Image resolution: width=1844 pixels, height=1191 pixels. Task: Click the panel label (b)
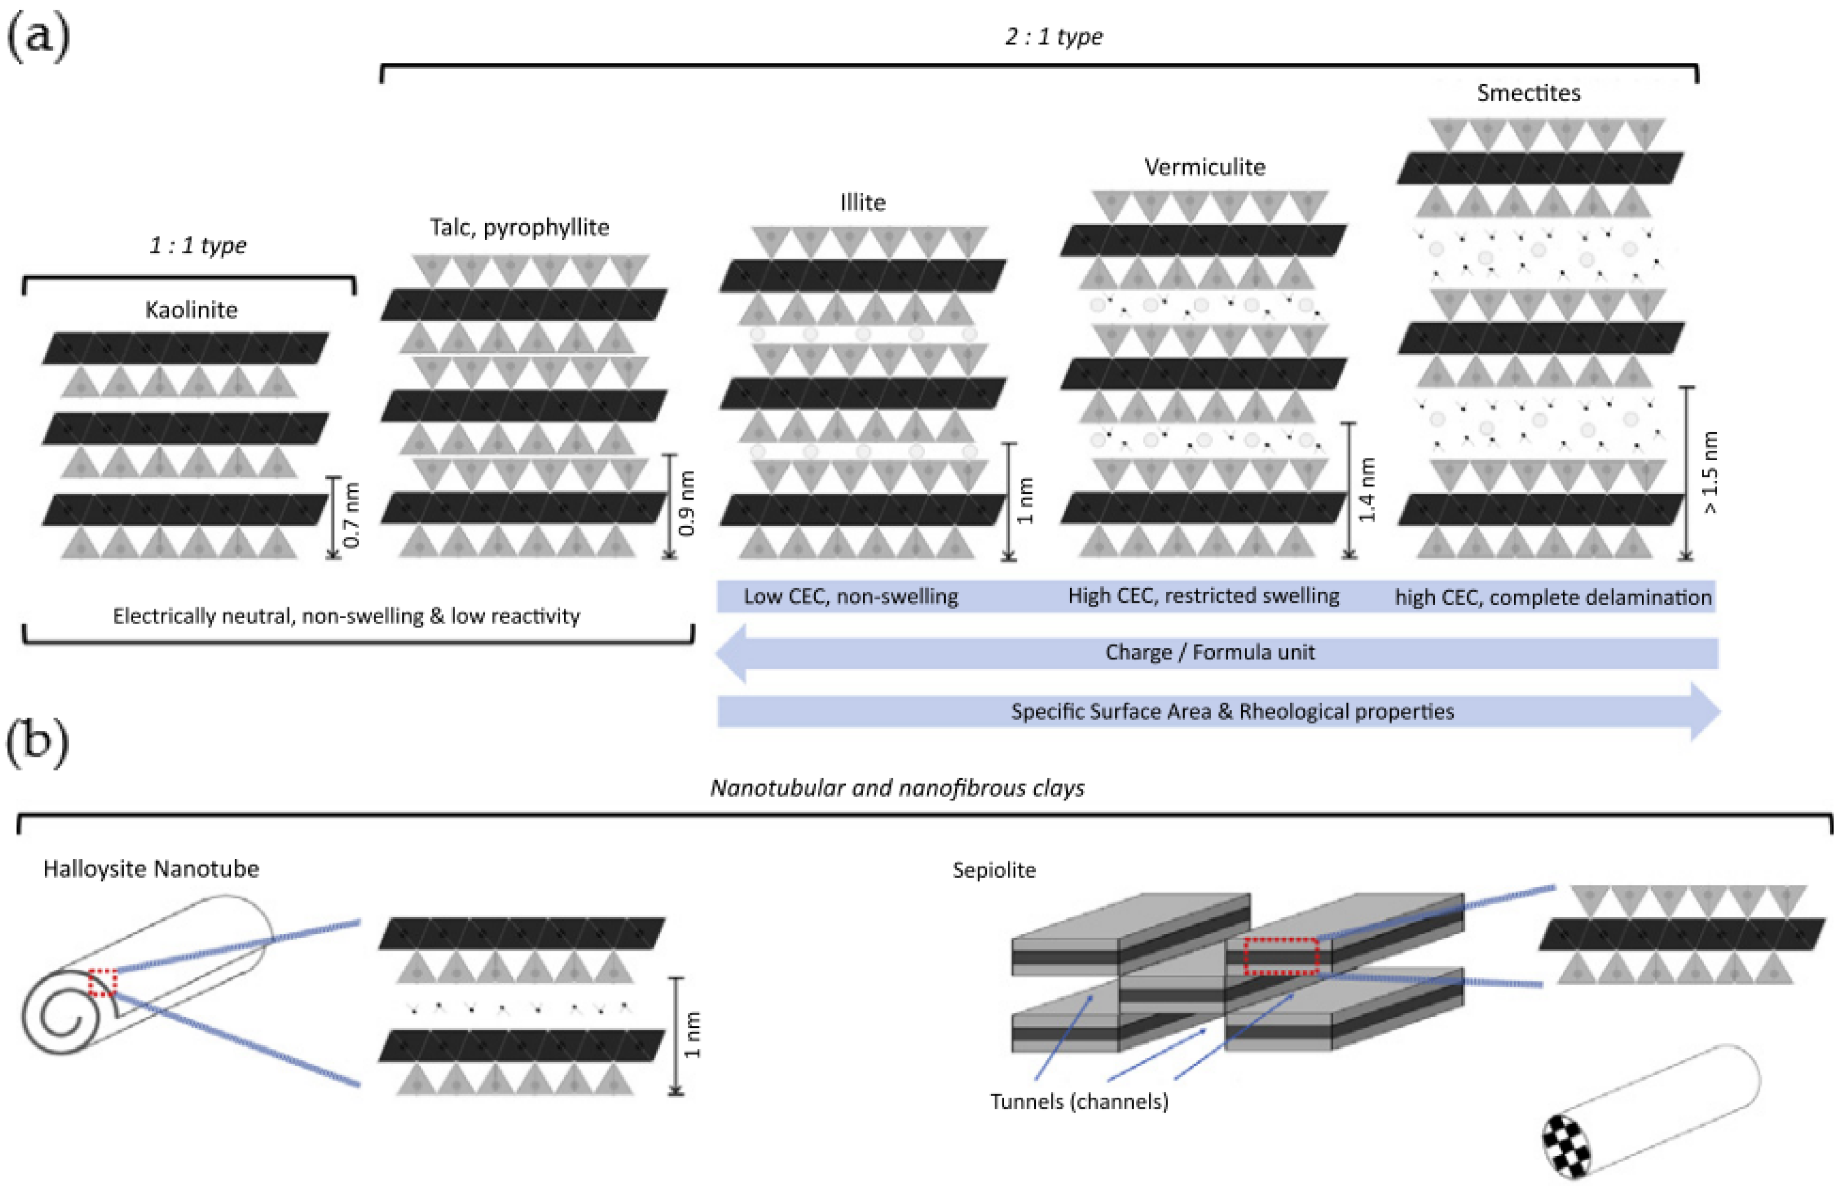[x=37, y=741]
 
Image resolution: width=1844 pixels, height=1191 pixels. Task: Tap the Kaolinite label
[x=191, y=310]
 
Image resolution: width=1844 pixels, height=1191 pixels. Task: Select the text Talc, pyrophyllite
[x=519, y=227]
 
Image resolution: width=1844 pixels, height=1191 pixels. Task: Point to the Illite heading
[x=862, y=203]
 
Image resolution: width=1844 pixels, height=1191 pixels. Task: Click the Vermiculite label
[x=1204, y=167]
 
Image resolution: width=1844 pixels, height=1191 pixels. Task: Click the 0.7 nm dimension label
[x=352, y=515]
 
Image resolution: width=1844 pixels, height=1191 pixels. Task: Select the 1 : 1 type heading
[x=197, y=246]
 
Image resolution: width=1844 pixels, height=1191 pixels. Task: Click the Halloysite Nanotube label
[x=151, y=868]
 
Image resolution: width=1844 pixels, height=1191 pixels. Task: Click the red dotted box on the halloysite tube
[x=102, y=982]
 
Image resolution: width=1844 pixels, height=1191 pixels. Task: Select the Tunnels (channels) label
[x=1078, y=1101]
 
